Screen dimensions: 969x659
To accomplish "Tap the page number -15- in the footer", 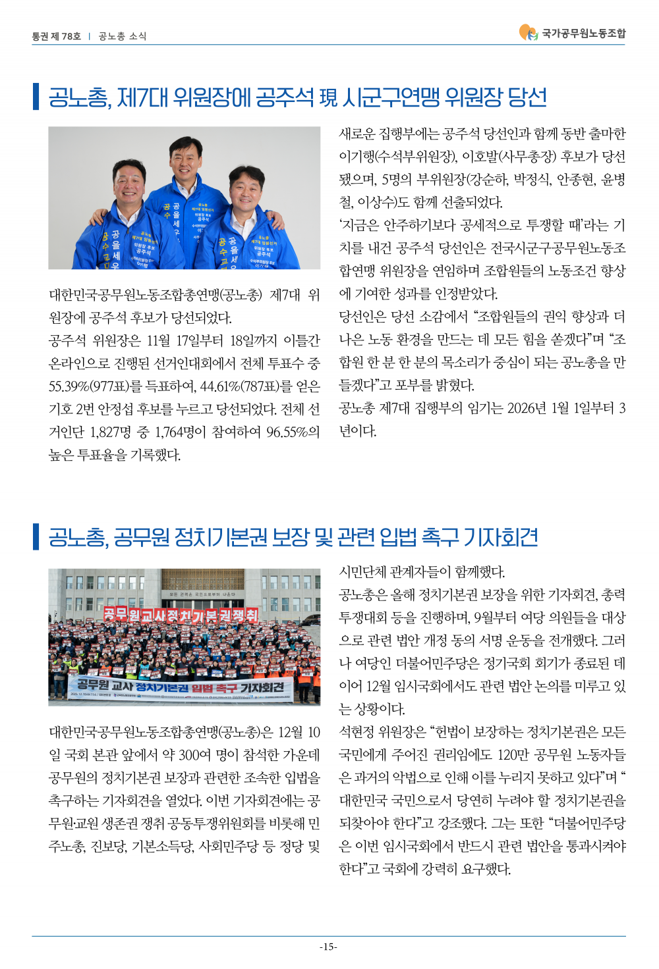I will coord(328,947).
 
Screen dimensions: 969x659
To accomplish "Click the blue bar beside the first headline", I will coord(36,97).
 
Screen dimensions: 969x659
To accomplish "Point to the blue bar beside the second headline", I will coord(36,537).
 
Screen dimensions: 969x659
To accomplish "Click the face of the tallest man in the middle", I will coord(185,157).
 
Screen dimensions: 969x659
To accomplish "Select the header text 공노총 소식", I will coord(123,36).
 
